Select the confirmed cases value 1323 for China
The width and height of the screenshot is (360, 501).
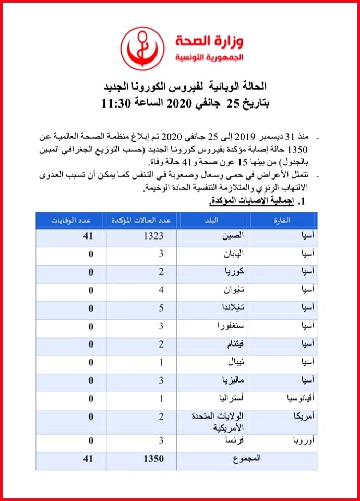153,236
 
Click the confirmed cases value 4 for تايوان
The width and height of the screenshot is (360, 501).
162,290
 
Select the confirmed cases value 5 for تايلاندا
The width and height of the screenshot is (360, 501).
162,308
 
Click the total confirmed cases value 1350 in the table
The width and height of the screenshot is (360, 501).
153,459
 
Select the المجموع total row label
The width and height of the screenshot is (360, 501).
246,458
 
